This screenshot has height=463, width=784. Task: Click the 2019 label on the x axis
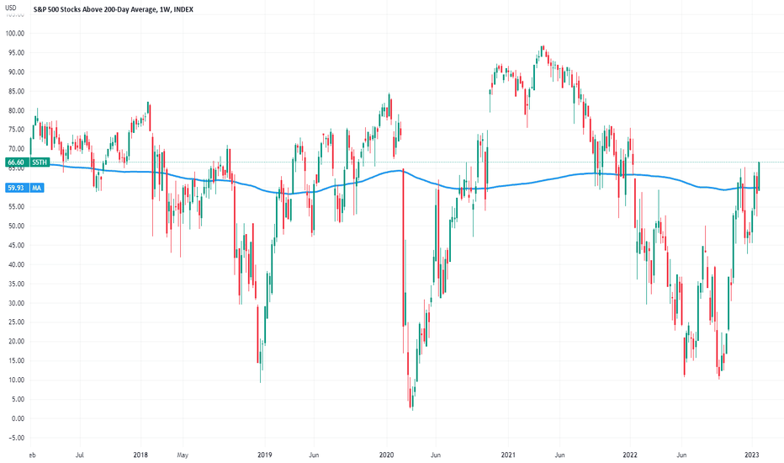[265, 455]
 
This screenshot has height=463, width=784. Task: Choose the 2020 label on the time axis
[386, 455]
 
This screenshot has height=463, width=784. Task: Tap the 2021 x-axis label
[508, 455]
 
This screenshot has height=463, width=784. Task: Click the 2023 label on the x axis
[755, 455]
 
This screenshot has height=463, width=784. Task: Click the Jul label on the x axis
[80, 455]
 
